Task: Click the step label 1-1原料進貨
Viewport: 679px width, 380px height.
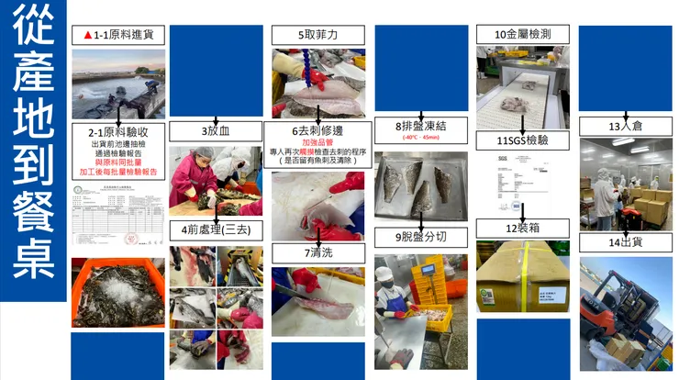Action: tap(118, 35)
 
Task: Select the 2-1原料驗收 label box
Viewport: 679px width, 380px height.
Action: tap(118, 131)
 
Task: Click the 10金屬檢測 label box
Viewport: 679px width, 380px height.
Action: tap(520, 35)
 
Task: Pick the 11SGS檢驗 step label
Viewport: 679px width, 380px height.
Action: tap(520, 140)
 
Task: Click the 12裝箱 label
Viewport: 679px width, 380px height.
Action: tap(521, 227)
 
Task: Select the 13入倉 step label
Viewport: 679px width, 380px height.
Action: tap(628, 126)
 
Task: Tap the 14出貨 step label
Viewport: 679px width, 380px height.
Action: tap(628, 243)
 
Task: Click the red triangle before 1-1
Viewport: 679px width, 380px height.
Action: tap(87, 35)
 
